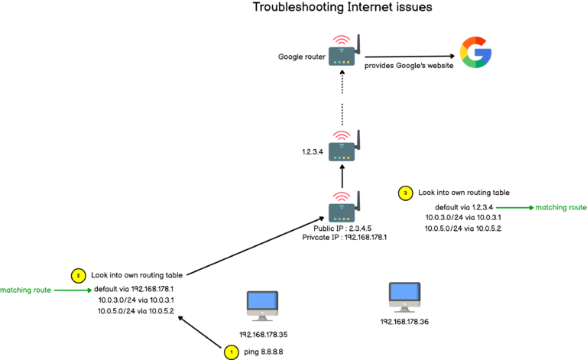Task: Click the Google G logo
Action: point(475,53)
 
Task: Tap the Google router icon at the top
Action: point(343,54)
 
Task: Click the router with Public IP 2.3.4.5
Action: point(343,206)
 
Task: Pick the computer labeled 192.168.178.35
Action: point(261,306)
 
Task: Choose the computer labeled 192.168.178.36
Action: point(404,296)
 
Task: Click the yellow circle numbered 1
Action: point(229,352)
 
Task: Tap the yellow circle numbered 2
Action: point(76,274)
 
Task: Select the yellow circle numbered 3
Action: point(405,193)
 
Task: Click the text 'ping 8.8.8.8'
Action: point(264,352)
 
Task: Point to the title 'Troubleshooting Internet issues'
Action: point(342,8)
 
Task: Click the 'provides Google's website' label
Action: point(409,66)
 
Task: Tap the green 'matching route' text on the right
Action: point(561,207)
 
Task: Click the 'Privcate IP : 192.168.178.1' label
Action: point(344,238)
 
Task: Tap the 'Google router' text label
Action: point(304,57)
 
